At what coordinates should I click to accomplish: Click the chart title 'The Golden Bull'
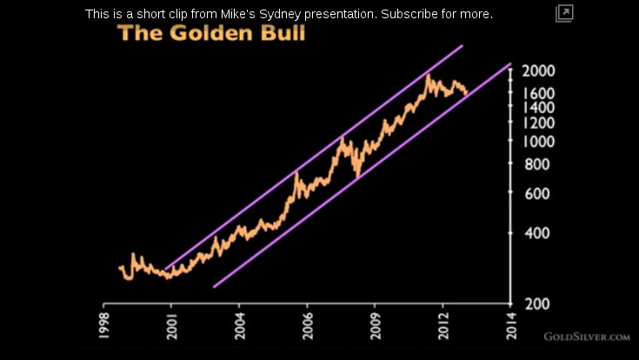tap(211, 35)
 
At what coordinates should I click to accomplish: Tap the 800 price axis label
tap(536, 163)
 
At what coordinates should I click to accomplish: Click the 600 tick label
tap(536, 193)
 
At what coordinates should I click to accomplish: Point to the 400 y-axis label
tap(536, 233)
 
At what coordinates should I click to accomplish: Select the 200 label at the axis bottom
tap(536, 303)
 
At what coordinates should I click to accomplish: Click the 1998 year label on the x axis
tap(103, 325)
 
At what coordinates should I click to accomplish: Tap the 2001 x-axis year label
tap(171, 325)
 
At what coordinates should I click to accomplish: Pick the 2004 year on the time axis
tap(239, 325)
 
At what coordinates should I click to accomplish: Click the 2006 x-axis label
tap(307, 325)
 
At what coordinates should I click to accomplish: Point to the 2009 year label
tap(375, 325)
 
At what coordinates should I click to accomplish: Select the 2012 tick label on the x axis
tap(443, 325)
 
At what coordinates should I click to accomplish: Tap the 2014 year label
tap(511, 325)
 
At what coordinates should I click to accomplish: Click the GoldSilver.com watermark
tap(587, 336)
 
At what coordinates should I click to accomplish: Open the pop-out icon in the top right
tap(564, 13)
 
